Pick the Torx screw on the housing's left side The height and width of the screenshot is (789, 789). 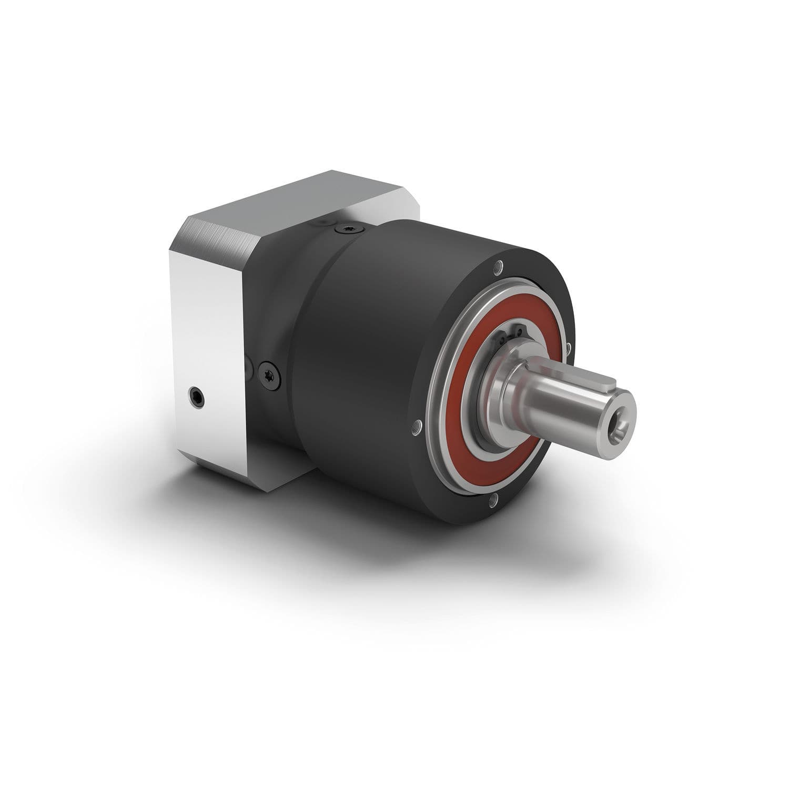(x=269, y=376)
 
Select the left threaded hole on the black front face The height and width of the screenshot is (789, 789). (x=417, y=424)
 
